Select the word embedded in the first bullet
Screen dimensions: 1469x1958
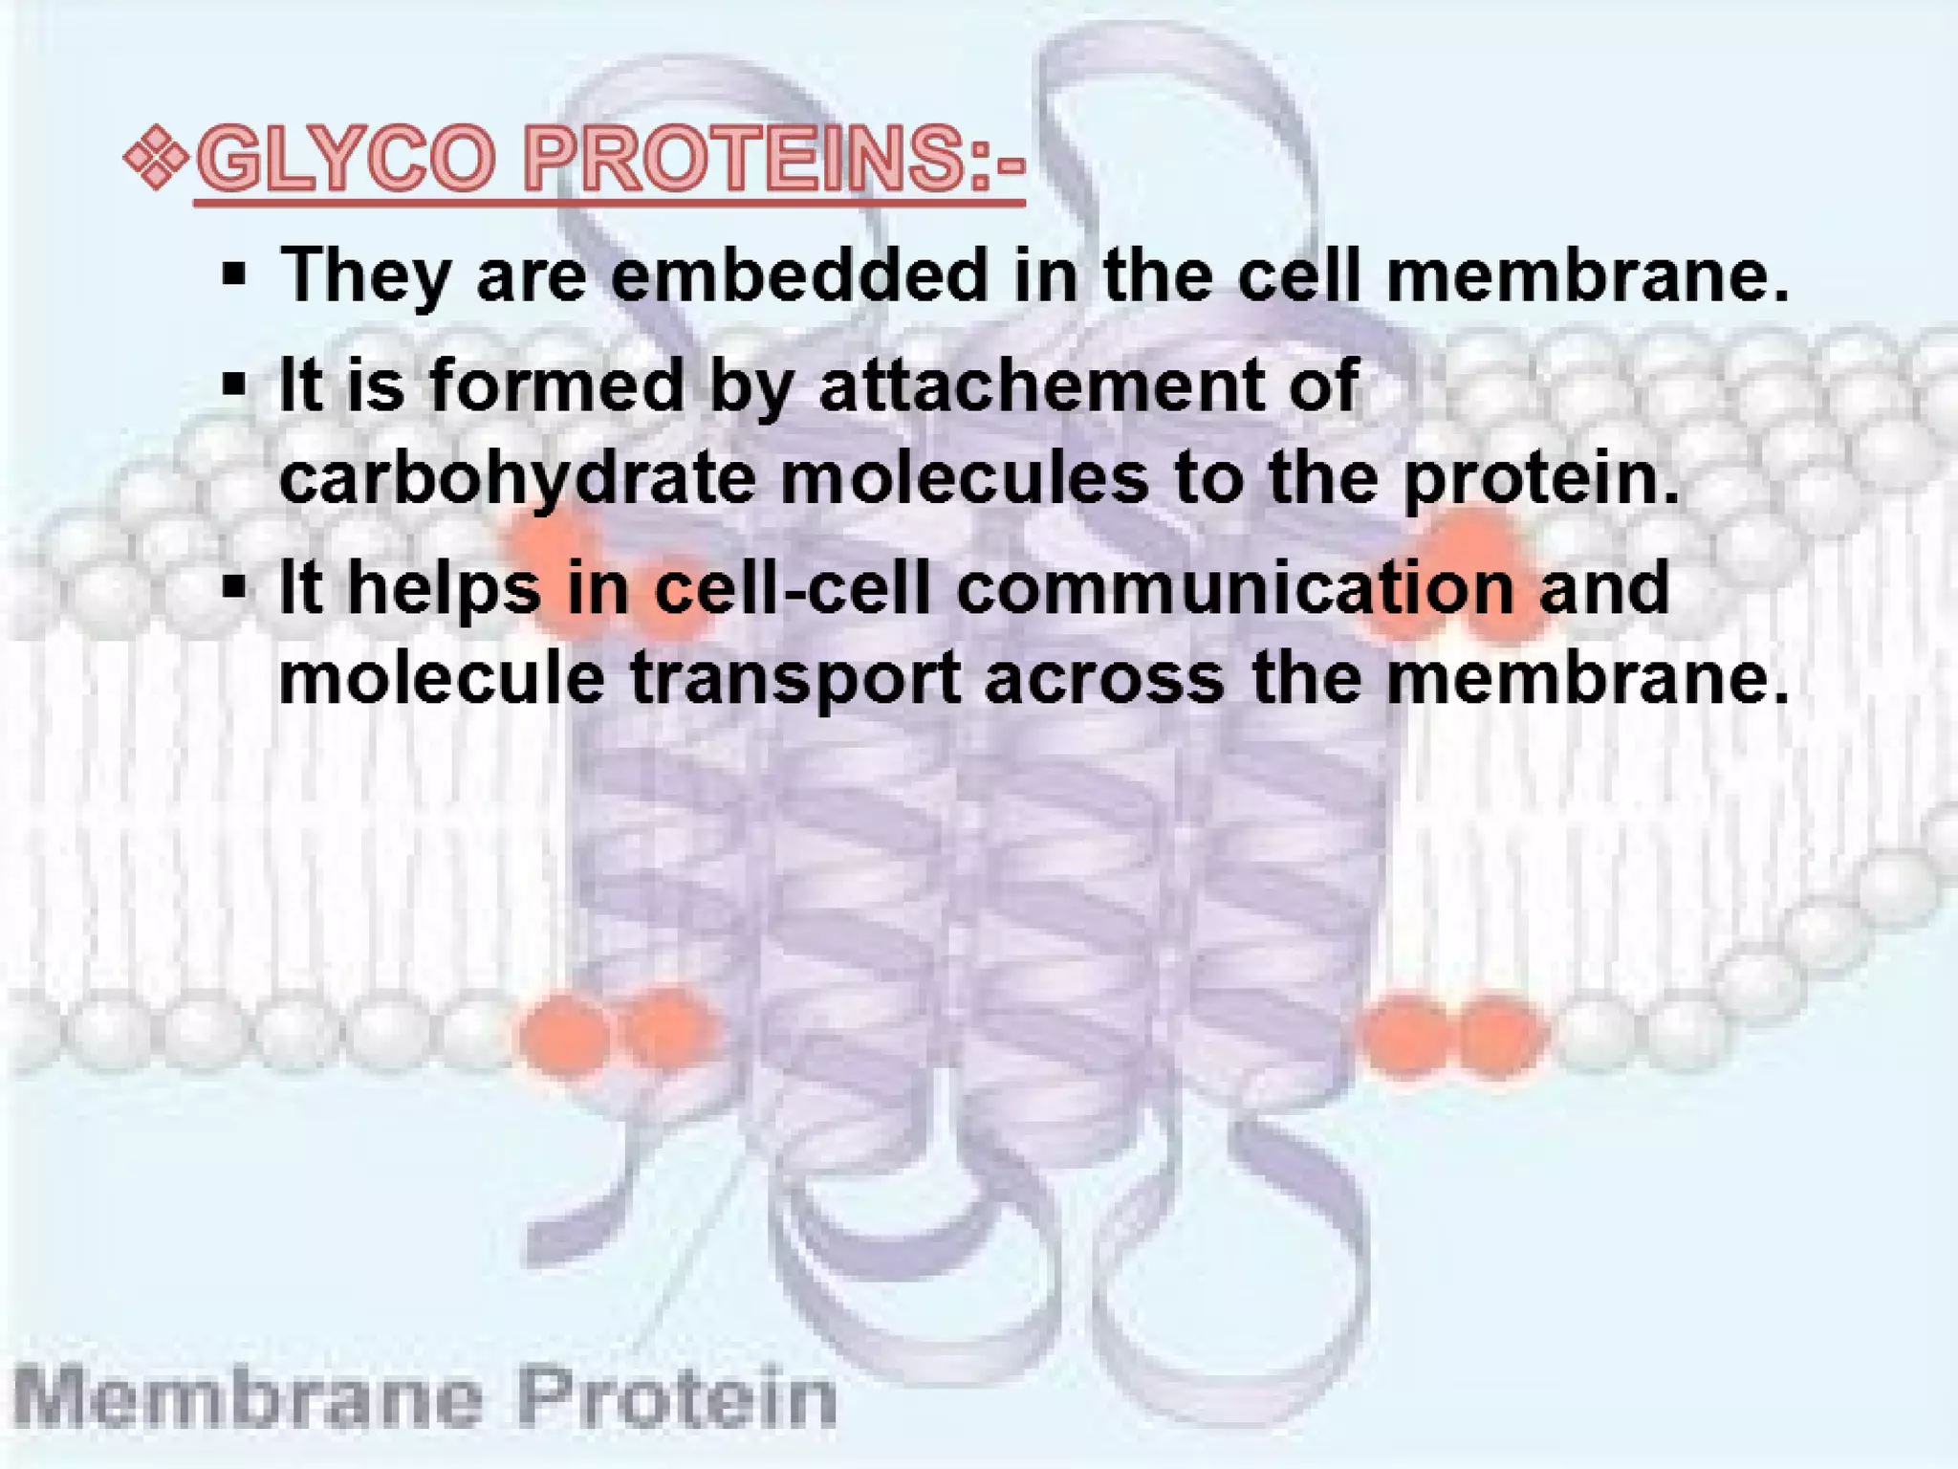tap(799, 275)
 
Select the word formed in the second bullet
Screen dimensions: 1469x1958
tap(557, 385)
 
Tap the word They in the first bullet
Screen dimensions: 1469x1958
tap(364, 275)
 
